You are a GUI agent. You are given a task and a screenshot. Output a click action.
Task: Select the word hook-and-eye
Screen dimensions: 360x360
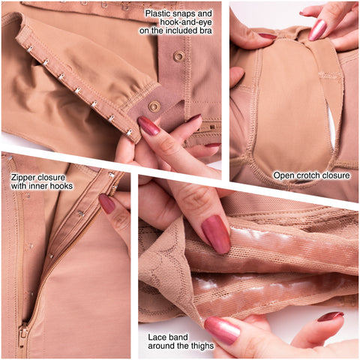[186, 22]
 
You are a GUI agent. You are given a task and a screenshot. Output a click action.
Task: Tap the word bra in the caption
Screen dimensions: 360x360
[205, 31]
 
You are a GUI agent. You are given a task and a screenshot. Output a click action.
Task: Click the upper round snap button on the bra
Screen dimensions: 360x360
[178, 56]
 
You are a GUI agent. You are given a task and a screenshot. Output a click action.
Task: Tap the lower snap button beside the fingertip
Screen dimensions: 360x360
[154, 106]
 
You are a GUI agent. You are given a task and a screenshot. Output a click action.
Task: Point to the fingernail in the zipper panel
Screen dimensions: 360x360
[106, 203]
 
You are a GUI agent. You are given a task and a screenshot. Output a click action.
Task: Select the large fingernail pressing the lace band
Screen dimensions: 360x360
[216, 234]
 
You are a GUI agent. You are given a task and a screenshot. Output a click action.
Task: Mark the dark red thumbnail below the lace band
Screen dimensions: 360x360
[331, 316]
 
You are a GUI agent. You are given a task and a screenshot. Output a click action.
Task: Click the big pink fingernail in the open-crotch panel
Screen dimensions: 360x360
[317, 30]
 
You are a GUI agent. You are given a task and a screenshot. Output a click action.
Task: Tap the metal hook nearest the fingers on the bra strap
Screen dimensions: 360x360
[129, 132]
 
